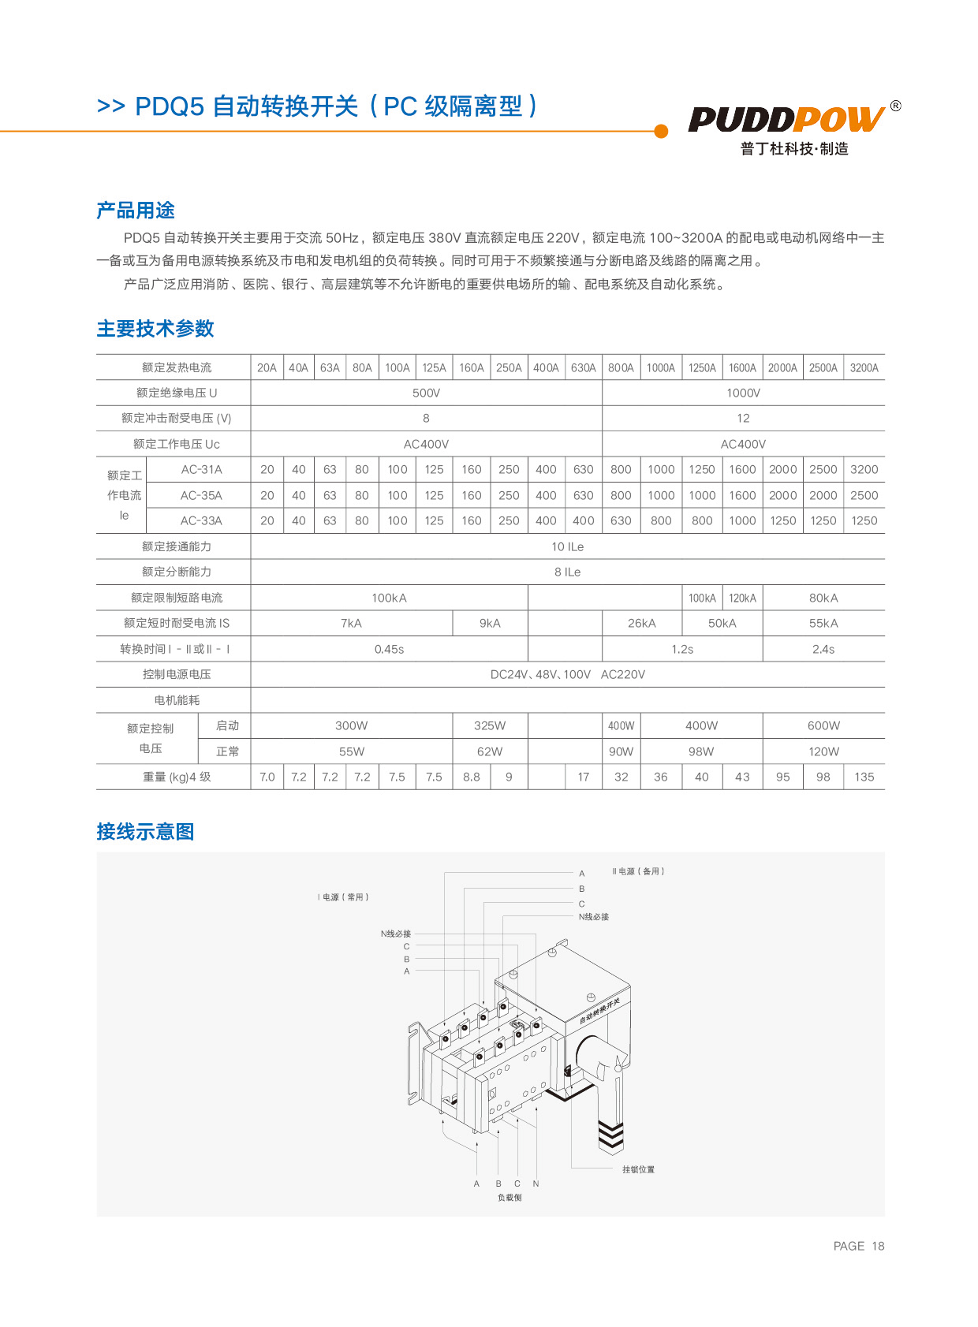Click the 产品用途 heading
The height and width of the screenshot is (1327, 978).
tap(136, 211)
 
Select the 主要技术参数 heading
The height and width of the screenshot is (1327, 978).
tap(155, 329)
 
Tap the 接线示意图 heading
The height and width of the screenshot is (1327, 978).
tap(145, 832)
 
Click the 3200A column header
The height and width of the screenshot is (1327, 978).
tap(864, 367)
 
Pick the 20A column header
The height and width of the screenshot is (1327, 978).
tap(267, 367)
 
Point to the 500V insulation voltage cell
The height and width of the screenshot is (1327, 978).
tap(426, 393)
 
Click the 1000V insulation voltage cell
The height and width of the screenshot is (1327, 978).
tap(743, 393)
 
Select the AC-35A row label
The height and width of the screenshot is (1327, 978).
tap(201, 495)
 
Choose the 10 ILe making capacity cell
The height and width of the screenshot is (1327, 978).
tap(567, 546)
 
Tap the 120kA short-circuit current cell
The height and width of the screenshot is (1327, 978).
tap(742, 598)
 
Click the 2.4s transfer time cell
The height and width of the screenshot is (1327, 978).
tap(823, 649)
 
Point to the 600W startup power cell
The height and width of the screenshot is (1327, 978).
tap(823, 725)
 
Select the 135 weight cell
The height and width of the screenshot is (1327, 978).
tap(864, 777)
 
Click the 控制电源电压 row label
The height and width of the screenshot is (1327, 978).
tap(177, 674)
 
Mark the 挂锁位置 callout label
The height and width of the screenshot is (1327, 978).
tap(638, 1169)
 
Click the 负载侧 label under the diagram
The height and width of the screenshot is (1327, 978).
tap(510, 1197)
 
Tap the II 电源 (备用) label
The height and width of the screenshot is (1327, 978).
tap(638, 871)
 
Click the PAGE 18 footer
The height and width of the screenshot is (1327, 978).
tap(858, 1246)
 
